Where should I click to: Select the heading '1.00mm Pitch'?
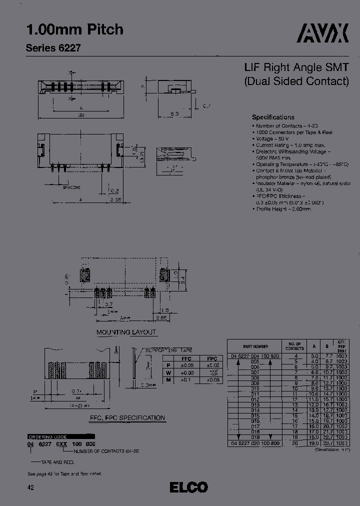pos(74,29)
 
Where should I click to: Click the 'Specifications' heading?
pos(273,117)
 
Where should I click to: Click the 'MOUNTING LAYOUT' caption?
pos(126,332)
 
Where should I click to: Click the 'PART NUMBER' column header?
pos(255,346)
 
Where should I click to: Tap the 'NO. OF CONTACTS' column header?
pos(294,346)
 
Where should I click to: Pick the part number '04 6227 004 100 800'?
pos(255,355)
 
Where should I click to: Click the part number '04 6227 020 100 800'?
pos(255,443)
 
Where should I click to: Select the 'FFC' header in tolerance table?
pos(186,358)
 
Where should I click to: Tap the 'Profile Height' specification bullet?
pos(283,209)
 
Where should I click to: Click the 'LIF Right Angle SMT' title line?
pos(296,67)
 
